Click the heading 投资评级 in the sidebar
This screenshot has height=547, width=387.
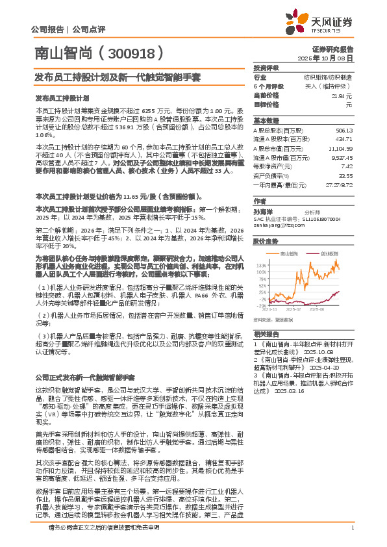[x=266, y=68]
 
